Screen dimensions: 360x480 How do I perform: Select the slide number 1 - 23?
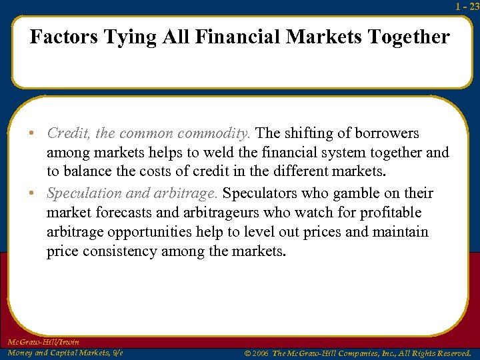pos(467,7)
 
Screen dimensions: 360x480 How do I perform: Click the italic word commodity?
pos(219,133)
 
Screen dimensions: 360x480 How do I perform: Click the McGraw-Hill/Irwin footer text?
pos(43,342)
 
